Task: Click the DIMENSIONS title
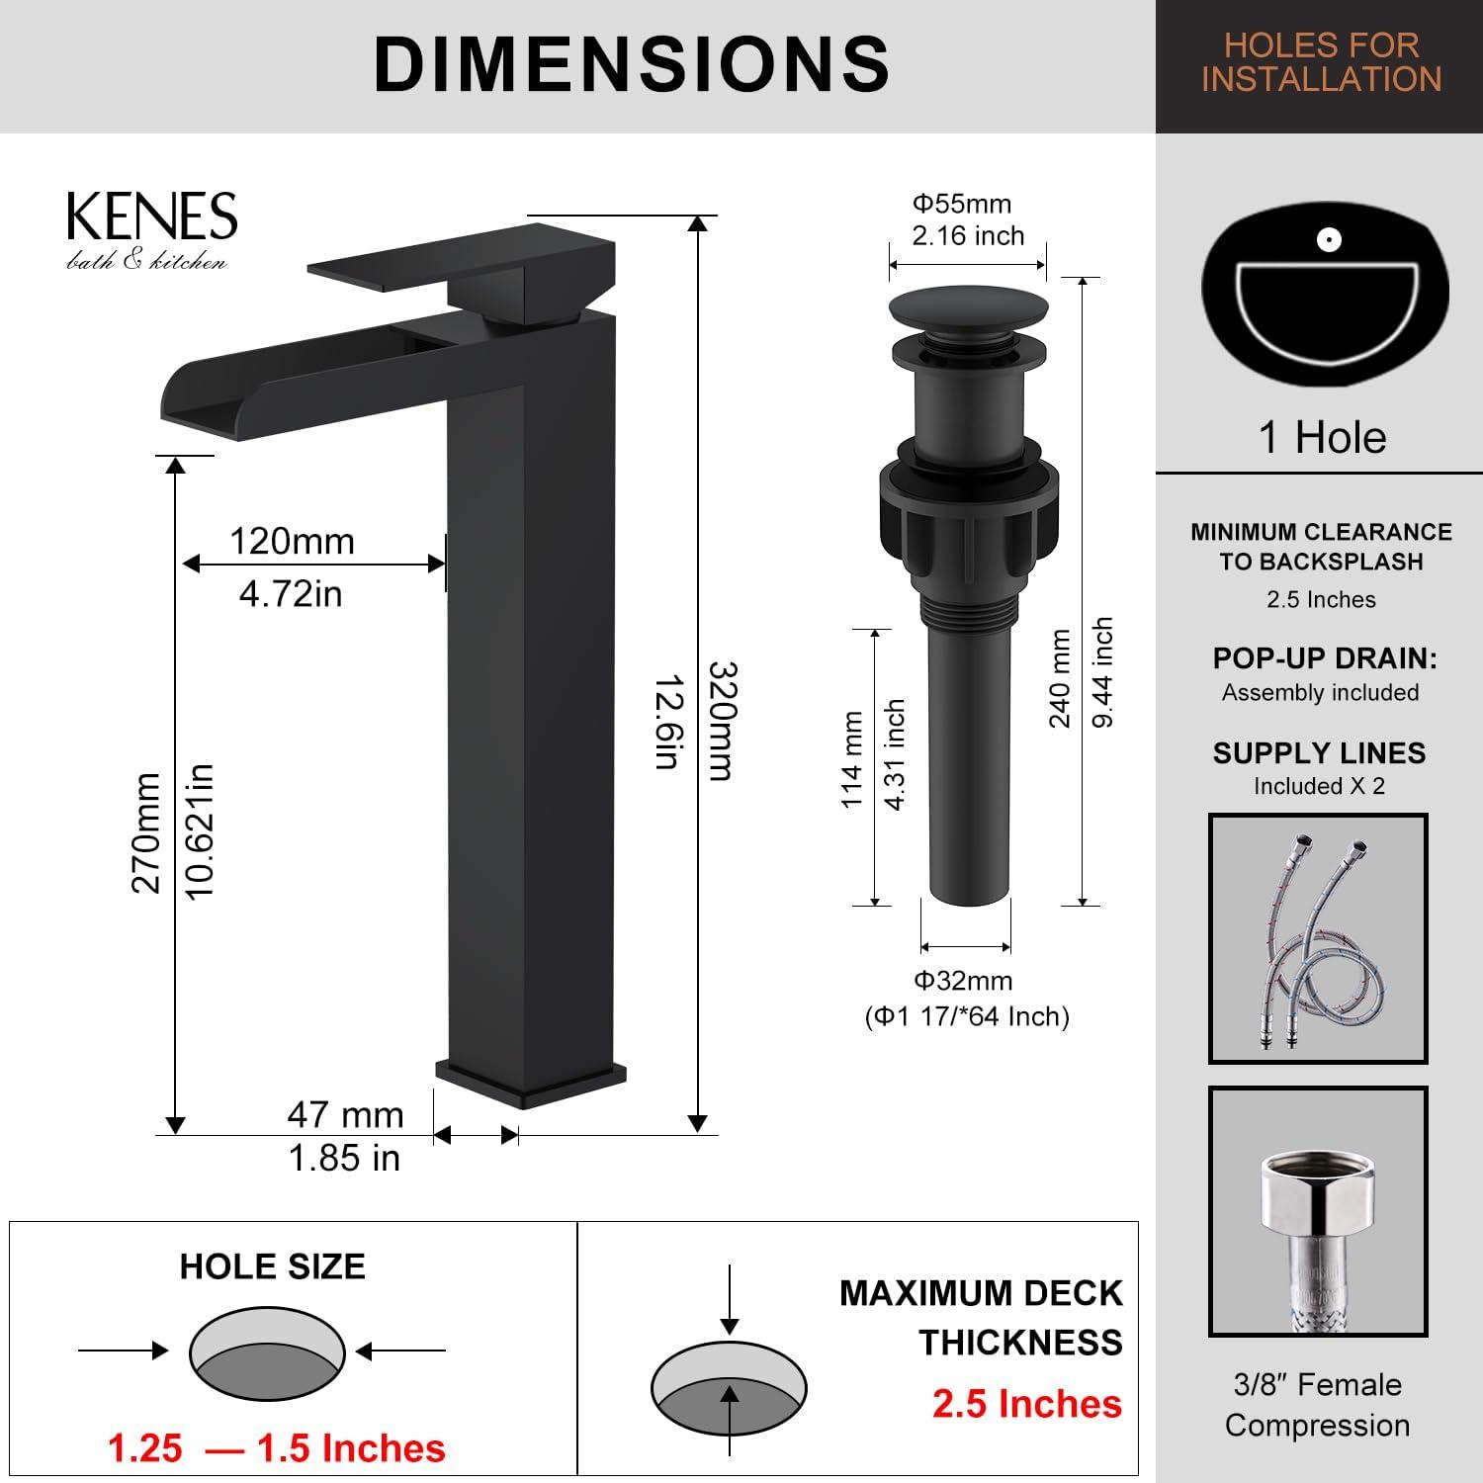point(632,64)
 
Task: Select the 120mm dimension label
point(292,542)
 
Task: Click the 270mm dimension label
point(146,832)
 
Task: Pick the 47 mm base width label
point(345,1114)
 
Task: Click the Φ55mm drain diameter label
point(961,204)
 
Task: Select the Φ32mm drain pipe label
point(963,981)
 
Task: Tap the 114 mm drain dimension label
point(852,759)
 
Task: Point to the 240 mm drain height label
point(1060,678)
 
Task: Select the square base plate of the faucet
point(531,1083)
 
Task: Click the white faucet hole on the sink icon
point(1328,239)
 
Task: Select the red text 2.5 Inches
point(1026,1404)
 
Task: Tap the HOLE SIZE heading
point(272,1266)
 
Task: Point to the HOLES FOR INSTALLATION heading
point(1321,62)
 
